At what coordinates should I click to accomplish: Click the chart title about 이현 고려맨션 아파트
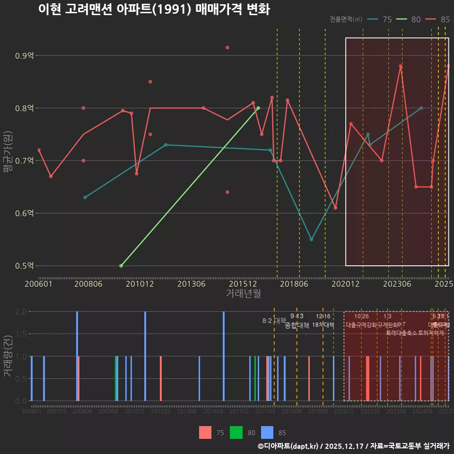point(154,10)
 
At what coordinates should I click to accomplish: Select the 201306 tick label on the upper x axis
point(191,284)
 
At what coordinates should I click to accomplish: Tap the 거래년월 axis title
point(243,294)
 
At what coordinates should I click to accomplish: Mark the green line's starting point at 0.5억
point(121,266)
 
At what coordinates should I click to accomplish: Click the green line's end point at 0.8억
point(258,108)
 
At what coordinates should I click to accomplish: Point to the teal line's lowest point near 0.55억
point(311,239)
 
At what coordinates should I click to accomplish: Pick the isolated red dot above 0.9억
point(227,48)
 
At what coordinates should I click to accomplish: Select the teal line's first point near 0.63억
point(85,197)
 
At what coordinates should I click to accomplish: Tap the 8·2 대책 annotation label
point(274,321)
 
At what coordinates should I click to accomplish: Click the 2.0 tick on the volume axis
point(21,312)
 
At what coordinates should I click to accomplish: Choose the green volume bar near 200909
point(116,378)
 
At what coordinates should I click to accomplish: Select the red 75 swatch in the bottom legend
point(205,432)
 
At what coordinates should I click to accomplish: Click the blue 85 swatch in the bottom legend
point(268,432)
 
